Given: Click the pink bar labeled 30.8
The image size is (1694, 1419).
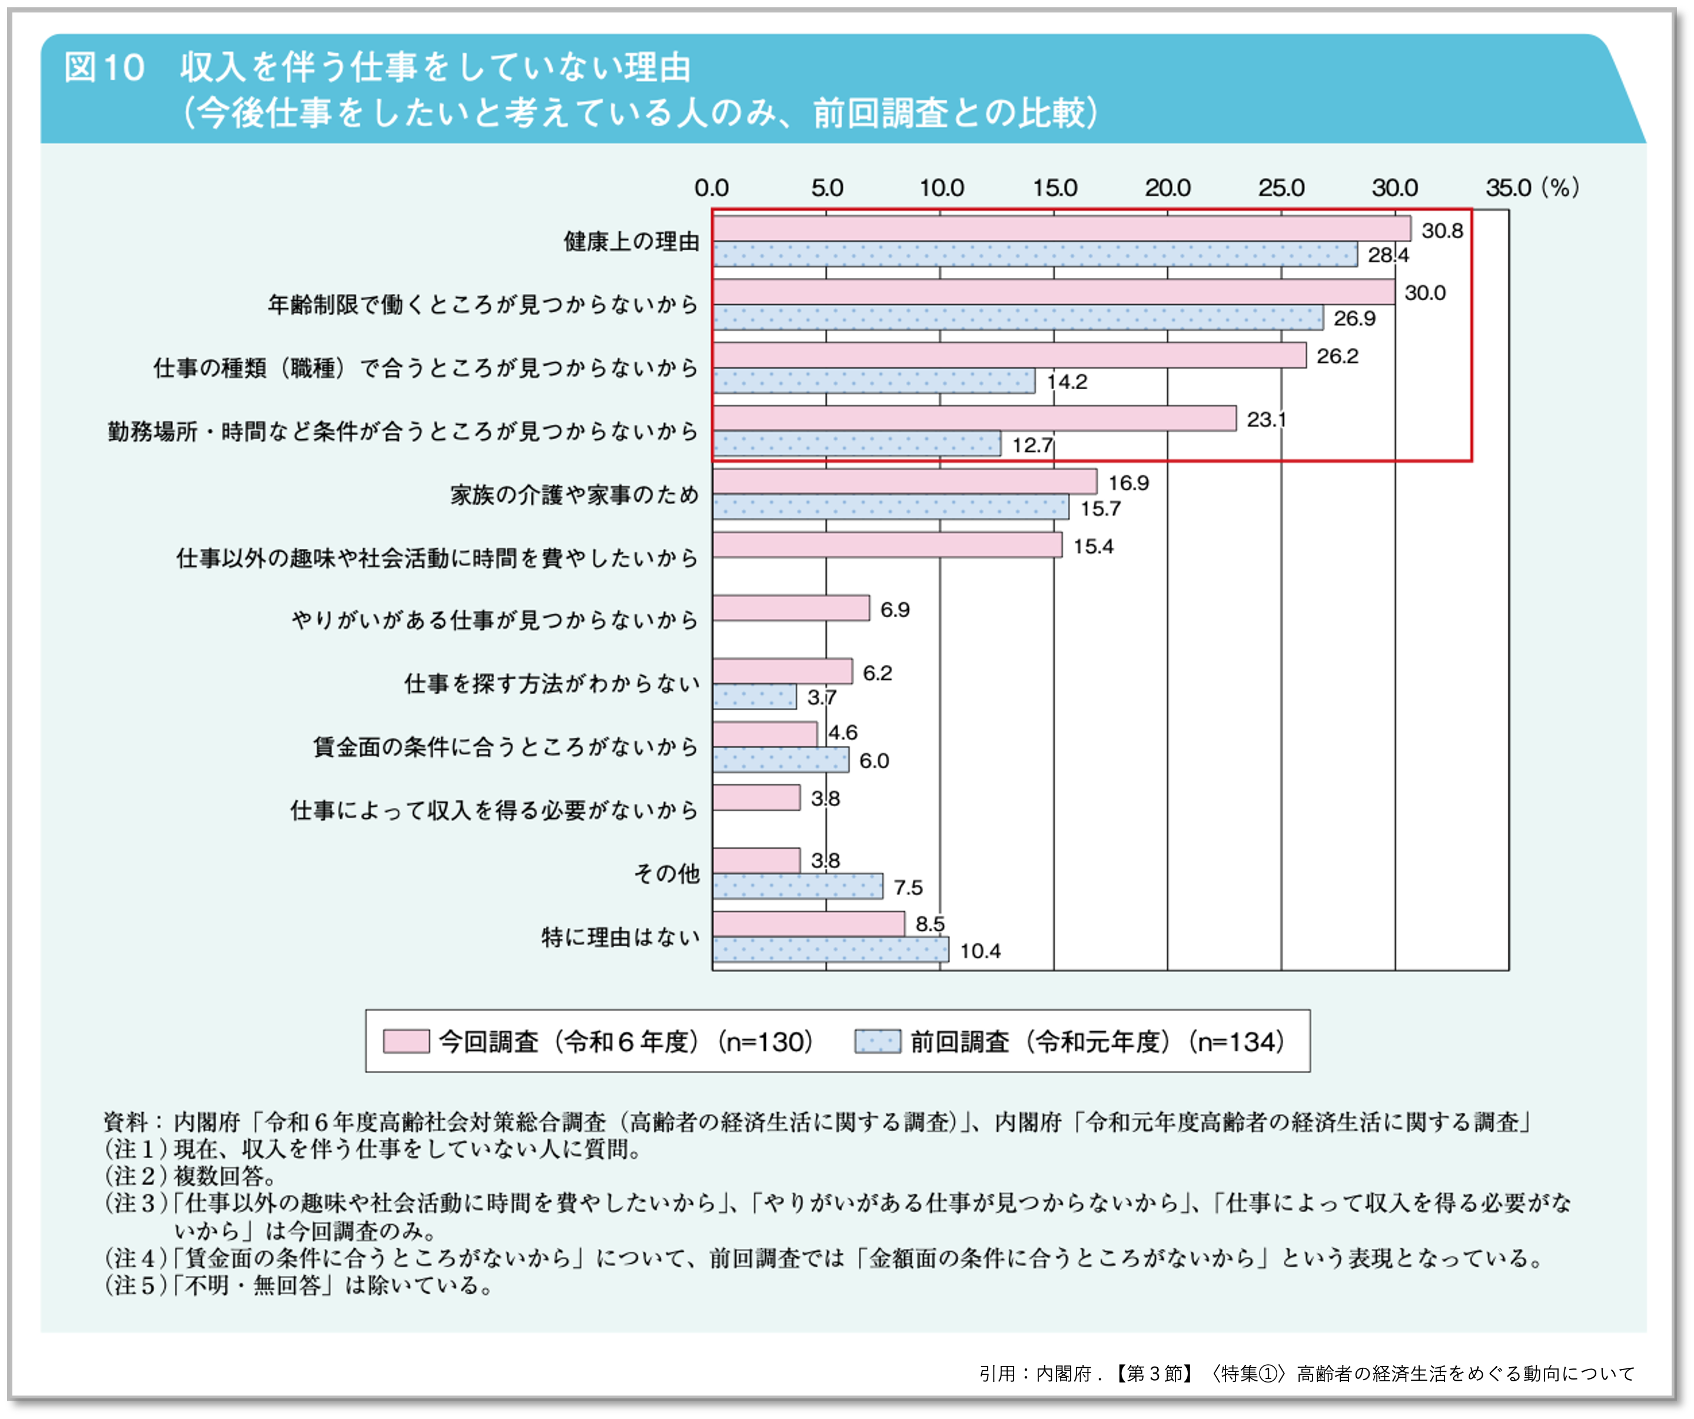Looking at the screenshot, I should tap(1061, 228).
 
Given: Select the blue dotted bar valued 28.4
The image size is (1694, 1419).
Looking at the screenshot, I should tap(1034, 254).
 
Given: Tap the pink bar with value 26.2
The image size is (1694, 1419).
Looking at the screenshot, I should tap(1008, 355).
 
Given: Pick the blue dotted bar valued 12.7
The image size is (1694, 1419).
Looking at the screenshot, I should tap(856, 443).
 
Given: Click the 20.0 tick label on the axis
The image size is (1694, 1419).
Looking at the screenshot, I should tap(1167, 188).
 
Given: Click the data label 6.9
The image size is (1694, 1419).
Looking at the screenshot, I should tap(895, 610).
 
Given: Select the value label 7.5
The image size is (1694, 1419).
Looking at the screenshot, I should tap(908, 887).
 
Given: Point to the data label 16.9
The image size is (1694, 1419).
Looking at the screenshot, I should tap(1128, 482).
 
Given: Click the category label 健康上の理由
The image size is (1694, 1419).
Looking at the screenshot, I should tap(631, 241).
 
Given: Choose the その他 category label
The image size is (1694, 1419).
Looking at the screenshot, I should tap(666, 873).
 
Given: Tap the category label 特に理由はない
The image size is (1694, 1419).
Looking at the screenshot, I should tap(620, 937).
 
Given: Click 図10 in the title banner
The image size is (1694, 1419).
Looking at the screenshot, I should tap(104, 68).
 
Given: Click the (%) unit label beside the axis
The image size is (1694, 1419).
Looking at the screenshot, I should tap(1560, 188).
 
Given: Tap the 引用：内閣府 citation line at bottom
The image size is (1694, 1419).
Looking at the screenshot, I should tap(1307, 1373).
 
